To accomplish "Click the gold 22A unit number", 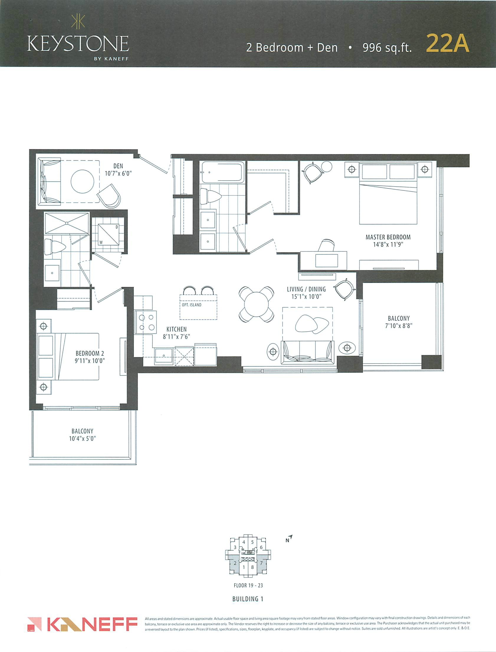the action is (x=447, y=44).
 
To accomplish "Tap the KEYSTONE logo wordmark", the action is (x=78, y=43).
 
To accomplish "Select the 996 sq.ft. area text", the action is (x=387, y=48).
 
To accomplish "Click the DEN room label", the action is (x=118, y=166).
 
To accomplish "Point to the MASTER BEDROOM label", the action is (x=388, y=237).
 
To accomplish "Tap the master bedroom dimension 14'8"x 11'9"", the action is (x=388, y=245).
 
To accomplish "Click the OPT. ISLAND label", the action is (x=192, y=305).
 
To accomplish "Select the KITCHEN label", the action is (x=177, y=329).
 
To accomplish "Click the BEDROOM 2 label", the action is (x=90, y=353).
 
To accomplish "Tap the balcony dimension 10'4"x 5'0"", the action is (x=82, y=439).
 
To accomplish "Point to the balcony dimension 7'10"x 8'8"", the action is (x=399, y=326).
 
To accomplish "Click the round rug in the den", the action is (x=82, y=181).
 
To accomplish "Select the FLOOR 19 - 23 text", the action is (x=248, y=585).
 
